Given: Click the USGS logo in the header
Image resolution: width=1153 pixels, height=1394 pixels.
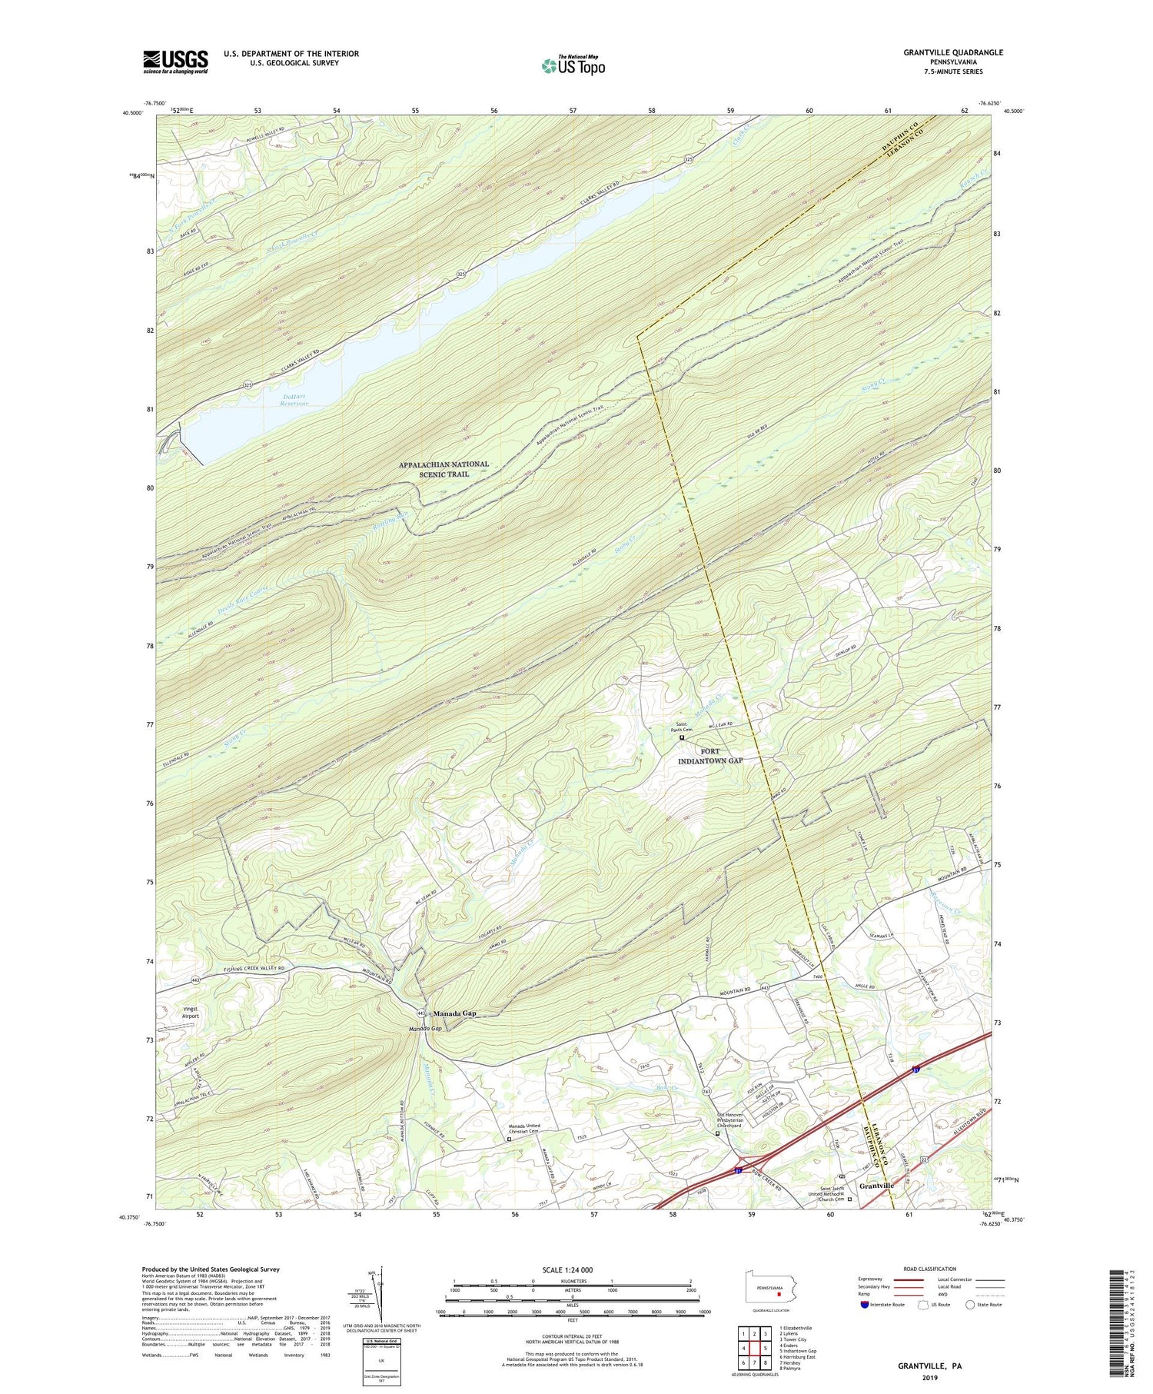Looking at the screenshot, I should pyautogui.click(x=175, y=62).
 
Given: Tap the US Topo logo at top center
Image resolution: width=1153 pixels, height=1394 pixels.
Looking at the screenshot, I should pyautogui.click(x=573, y=65).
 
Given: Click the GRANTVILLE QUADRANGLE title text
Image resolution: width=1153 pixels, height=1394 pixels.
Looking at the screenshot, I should pyautogui.click(x=943, y=52).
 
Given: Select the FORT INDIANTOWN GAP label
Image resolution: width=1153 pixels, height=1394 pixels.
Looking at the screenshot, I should pyautogui.click(x=709, y=755).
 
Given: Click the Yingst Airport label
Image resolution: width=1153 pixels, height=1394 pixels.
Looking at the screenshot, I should pyautogui.click(x=190, y=1013).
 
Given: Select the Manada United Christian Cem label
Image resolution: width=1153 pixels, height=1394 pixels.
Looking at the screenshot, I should pyautogui.click(x=524, y=1131).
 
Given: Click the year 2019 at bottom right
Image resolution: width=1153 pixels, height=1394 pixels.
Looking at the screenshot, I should pyautogui.click(x=929, y=1378).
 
